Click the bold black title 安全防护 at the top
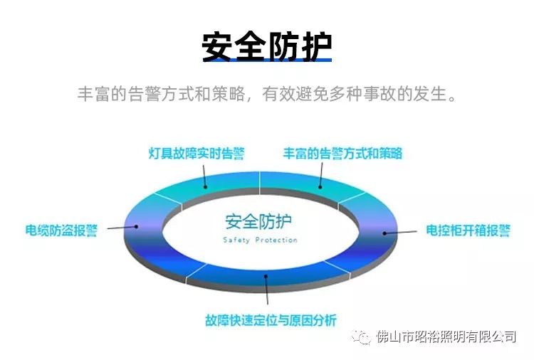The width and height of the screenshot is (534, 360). pos(267,46)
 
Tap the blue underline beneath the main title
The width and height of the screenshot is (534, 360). pos(267,60)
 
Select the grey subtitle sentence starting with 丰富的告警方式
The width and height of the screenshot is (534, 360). pos(267,94)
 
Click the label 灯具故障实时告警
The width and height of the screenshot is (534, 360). pos(197,154)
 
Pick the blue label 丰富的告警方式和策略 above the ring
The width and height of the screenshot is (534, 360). pos(342,154)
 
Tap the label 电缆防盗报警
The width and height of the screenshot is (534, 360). pos(62,231)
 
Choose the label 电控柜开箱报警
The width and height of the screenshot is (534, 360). pos(468,231)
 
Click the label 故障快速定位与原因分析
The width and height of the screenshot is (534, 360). pos(271,320)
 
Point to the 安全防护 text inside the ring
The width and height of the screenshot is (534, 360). pos(258,222)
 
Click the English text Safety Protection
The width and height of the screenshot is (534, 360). pos(260,240)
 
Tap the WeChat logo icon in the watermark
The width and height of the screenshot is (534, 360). pos(361,337)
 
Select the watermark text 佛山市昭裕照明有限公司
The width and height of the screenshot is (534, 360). pos(446,337)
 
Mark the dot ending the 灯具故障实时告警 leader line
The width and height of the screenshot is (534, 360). pos(205,186)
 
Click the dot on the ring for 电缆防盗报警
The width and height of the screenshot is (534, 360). pos(136,226)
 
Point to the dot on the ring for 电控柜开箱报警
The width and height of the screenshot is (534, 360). pos(384,233)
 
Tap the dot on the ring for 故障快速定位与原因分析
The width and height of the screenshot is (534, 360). pos(266,276)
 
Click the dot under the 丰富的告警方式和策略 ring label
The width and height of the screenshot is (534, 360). pos(320,186)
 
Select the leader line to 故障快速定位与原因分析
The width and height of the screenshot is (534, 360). pos(267,290)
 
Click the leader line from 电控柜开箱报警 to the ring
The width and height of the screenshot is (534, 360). pos(400,233)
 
